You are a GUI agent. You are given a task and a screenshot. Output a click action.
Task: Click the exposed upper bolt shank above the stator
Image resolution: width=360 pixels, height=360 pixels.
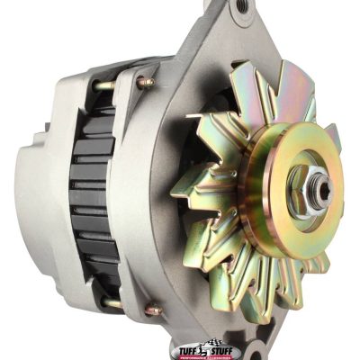tap(106, 85)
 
